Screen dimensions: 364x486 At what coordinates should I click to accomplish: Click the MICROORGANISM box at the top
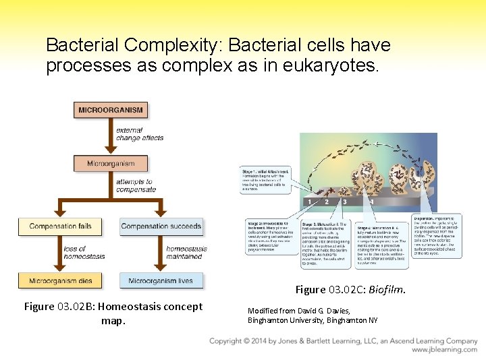coord(110,110)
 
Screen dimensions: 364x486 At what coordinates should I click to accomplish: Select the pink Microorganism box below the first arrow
coord(110,163)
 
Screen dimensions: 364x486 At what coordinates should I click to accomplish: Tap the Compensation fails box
coord(60,226)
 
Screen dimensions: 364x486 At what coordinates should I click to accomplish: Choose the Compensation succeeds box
coord(161,226)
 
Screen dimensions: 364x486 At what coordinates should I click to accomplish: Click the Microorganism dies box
coord(60,280)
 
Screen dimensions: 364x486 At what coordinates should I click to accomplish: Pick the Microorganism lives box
coord(161,280)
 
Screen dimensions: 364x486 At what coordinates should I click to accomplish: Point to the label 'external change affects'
coord(139,133)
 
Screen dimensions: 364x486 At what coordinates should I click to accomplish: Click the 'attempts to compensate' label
coord(134,185)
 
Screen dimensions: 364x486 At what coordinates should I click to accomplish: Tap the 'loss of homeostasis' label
coord(84,253)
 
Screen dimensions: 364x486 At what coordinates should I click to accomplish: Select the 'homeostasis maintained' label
coord(186,253)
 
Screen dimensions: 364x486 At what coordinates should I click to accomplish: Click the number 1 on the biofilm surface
coord(309,202)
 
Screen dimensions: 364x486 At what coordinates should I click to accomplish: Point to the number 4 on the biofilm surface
coord(372,202)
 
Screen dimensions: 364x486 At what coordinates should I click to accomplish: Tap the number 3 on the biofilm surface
coord(345,202)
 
